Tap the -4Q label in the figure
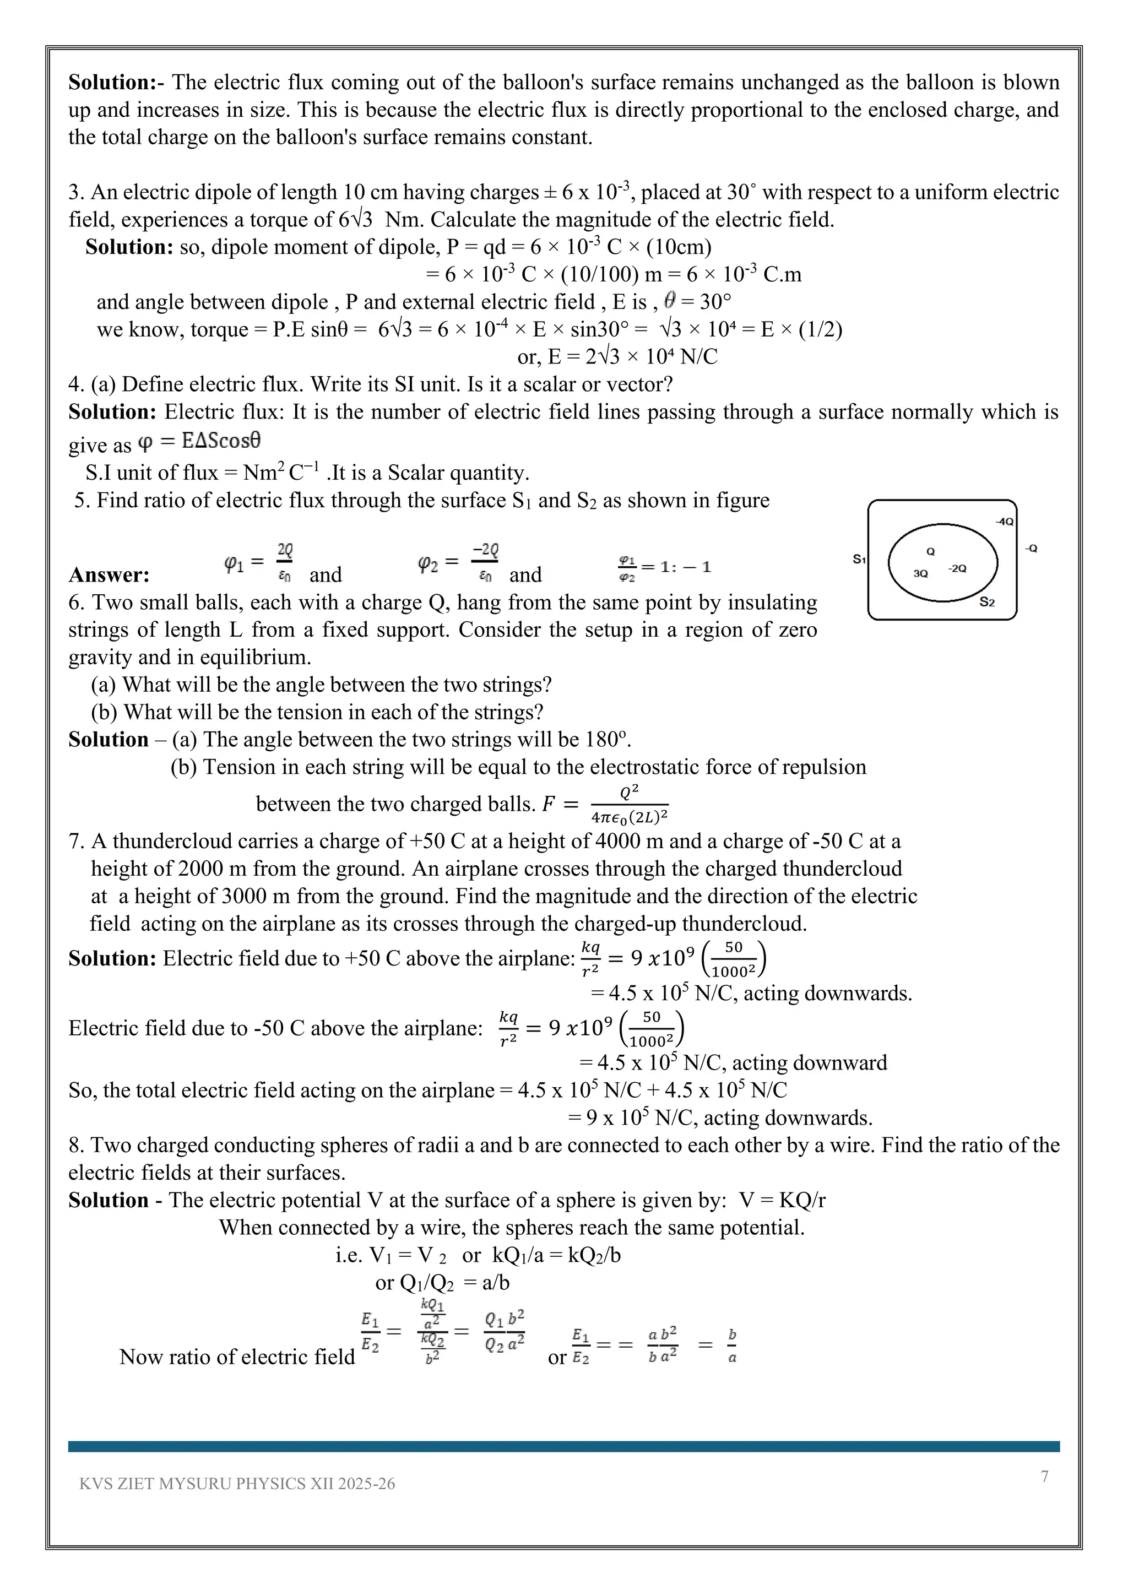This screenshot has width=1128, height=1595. tap(1004, 521)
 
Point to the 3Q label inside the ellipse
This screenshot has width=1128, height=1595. tap(920, 573)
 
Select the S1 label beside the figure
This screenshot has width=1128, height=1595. tap(859, 559)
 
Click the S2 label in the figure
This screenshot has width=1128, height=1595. tap(987, 601)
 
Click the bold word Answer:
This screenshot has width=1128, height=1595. tap(109, 575)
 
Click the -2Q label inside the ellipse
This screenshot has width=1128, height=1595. tap(957, 568)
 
